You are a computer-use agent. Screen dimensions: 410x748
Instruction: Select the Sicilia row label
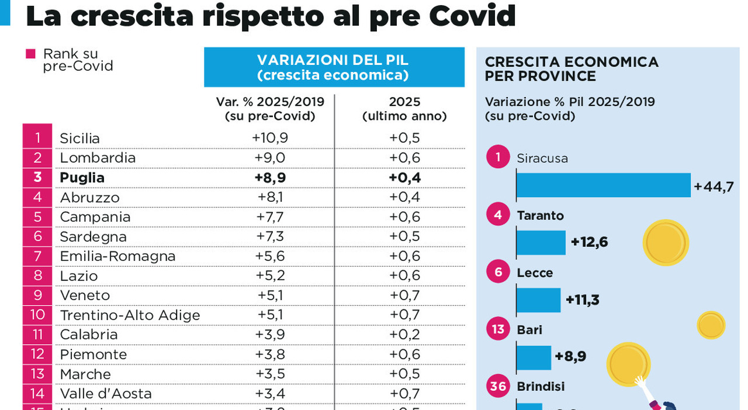79,138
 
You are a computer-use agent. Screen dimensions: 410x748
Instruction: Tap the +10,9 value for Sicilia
270,138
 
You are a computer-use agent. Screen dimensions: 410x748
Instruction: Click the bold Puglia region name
82,177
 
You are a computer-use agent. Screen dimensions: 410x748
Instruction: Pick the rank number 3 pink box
37,177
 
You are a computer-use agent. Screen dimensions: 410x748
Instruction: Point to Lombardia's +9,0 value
270,157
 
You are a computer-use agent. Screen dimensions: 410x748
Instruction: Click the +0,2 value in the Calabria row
404,335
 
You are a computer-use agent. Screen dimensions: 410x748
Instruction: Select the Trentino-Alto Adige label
130,315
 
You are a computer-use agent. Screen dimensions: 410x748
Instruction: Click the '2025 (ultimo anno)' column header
404,108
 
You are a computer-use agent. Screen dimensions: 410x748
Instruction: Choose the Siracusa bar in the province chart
603,185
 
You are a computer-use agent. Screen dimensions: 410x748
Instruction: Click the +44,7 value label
713,187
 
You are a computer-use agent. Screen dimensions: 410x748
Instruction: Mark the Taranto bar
541,242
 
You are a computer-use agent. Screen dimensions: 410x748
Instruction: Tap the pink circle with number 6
498,273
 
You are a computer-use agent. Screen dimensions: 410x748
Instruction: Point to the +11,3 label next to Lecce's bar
582,300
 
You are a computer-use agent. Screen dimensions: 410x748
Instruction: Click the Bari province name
529,329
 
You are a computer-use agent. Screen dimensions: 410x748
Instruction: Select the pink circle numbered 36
498,387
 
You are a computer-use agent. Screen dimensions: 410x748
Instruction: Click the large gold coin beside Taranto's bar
666,242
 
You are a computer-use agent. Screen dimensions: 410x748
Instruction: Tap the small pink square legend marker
31,54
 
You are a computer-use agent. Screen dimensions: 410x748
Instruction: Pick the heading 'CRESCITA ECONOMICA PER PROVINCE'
571,69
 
